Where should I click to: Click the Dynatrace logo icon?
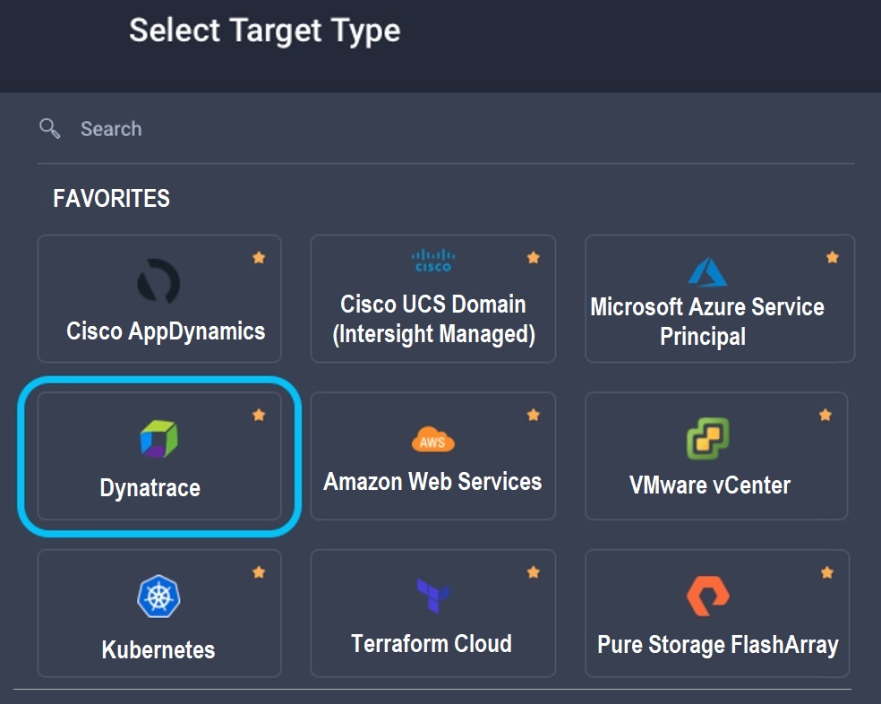[x=158, y=440]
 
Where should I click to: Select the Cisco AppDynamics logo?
[x=158, y=282]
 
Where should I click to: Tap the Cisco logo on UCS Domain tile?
[x=432, y=261]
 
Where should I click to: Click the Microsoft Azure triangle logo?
[x=706, y=272]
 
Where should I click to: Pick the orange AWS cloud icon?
[x=433, y=439]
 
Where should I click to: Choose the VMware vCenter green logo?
[x=707, y=439]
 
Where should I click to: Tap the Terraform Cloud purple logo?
[x=432, y=596]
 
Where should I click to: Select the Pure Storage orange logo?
[x=707, y=596]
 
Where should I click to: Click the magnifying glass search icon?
[x=50, y=128]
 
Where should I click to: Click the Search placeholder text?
[x=111, y=129]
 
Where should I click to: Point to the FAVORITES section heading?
[x=111, y=198]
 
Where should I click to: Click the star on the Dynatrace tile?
[x=259, y=415]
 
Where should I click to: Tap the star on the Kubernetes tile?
[x=259, y=571]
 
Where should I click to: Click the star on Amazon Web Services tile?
[x=534, y=415]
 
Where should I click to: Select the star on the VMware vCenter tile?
[x=825, y=415]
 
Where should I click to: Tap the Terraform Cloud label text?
[x=432, y=643]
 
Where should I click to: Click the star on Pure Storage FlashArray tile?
[x=827, y=571]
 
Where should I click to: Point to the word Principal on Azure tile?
[x=703, y=338]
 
